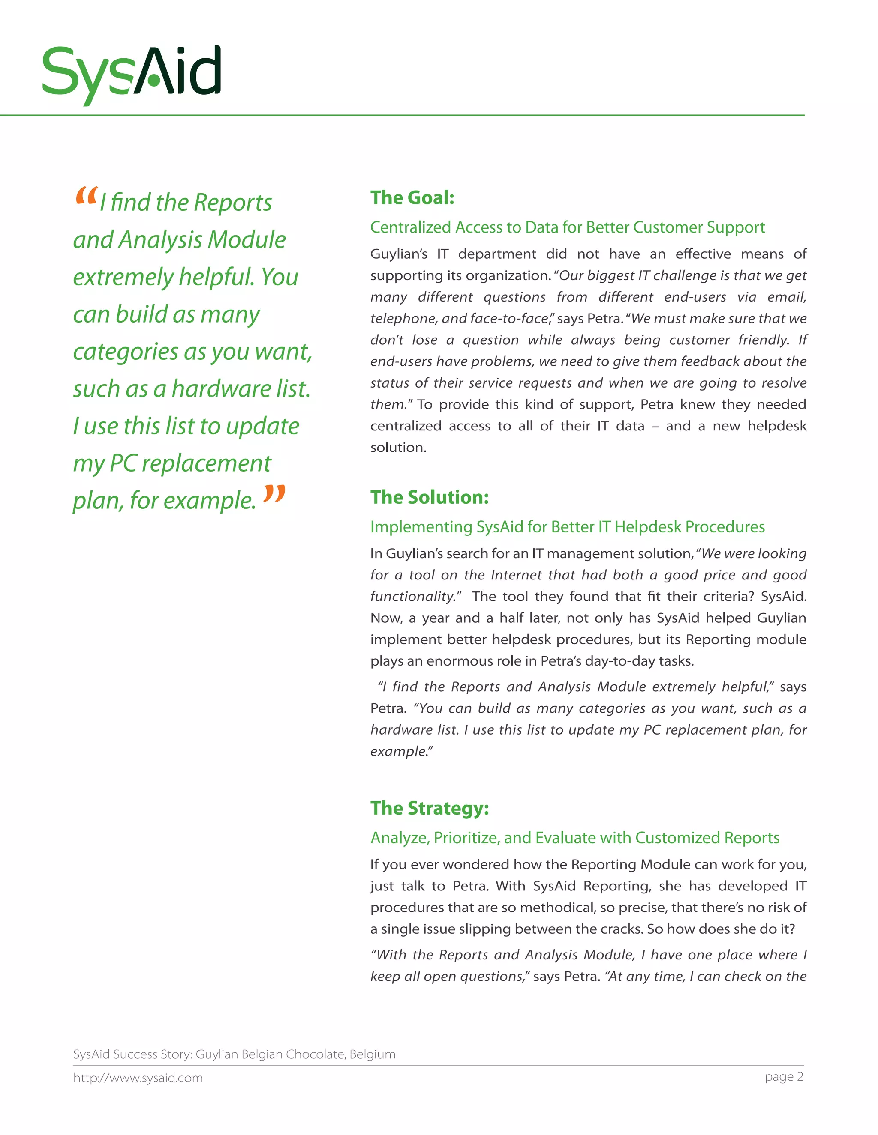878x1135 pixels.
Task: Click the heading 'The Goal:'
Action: coord(412,198)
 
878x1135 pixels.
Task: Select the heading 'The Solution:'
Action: coord(429,497)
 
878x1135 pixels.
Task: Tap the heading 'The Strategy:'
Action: coord(429,808)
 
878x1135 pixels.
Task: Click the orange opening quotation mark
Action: coord(86,195)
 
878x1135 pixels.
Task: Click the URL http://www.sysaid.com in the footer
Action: coord(138,1078)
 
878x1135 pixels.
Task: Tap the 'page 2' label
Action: coord(784,1076)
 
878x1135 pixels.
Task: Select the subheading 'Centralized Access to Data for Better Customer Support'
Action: coord(567,227)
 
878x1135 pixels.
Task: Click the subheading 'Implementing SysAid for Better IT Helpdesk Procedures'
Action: coord(567,526)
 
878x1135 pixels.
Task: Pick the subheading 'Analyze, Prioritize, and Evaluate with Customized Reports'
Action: coord(574,838)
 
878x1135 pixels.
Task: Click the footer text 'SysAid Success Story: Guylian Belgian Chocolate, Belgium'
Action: coord(234,1054)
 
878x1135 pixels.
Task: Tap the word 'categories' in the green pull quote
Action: coord(125,352)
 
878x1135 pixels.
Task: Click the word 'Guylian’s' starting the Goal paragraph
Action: coord(398,254)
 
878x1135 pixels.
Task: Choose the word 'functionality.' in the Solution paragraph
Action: coord(415,597)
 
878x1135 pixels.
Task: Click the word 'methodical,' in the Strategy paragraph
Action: coord(557,908)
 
